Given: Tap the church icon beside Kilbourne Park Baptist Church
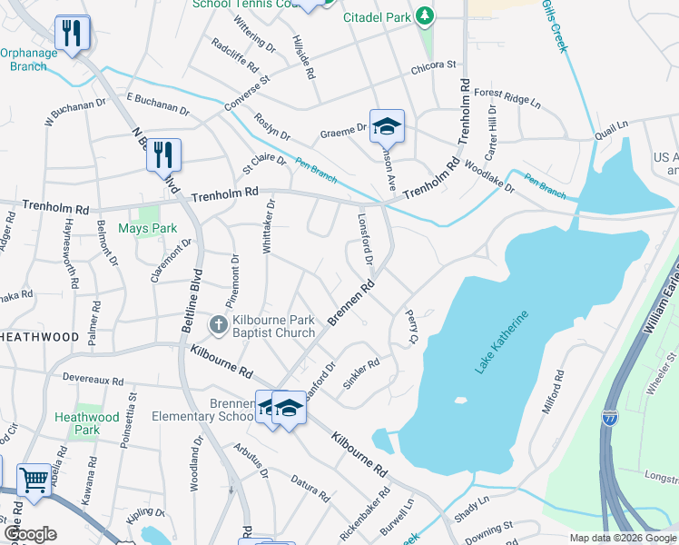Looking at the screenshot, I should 218,324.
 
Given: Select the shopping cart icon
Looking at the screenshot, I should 34,479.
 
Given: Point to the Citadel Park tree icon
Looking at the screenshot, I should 424,15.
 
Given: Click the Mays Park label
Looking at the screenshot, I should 148,229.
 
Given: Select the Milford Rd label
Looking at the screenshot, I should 554,391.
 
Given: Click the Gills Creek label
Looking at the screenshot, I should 554,26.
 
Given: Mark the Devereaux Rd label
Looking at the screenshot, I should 92,376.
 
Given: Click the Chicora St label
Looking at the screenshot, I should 432,65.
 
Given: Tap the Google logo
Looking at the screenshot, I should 30,534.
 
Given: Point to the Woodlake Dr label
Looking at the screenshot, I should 488,176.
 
